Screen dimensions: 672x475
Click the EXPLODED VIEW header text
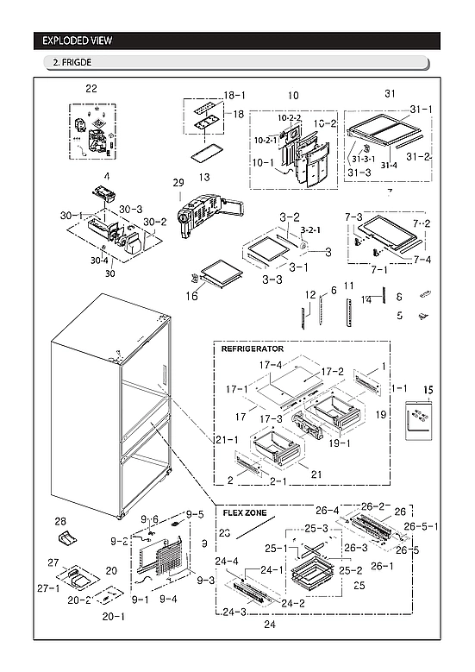point(77,41)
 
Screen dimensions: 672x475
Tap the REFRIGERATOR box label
point(253,349)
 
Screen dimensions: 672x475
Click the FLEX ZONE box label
point(245,512)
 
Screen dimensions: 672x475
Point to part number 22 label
point(91,88)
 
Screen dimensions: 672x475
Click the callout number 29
point(178,183)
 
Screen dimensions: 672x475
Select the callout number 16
point(191,296)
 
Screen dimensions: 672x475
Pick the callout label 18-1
point(234,95)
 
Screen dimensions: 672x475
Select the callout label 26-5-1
point(422,525)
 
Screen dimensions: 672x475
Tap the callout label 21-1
point(227,441)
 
